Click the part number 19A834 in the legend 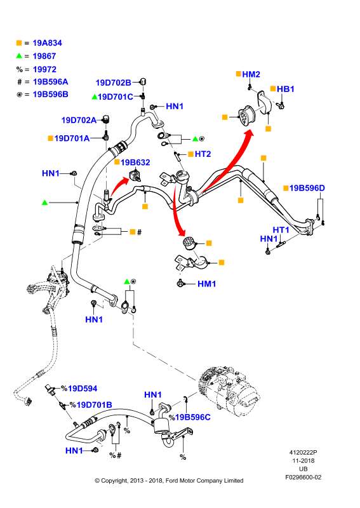(48, 43)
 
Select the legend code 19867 (44, 56)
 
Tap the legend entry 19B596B (51, 94)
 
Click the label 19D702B (114, 83)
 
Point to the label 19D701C (116, 97)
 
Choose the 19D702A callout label (79, 120)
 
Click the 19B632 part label (135, 163)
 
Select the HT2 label (203, 154)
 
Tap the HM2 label (251, 74)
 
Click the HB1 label (286, 89)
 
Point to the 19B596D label (307, 188)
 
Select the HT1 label (281, 230)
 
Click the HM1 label (207, 284)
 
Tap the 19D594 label (83, 388)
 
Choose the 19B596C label (193, 417)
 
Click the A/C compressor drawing (229, 391)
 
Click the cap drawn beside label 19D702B (143, 81)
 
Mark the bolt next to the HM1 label (180, 283)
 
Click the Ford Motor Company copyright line (169, 481)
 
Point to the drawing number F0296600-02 (303, 478)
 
